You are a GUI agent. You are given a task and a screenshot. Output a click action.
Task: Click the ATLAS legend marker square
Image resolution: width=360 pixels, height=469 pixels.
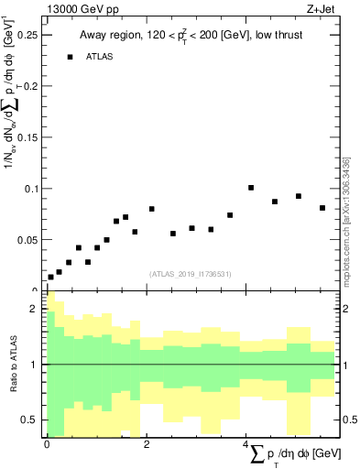pyautogui.click(x=70, y=57)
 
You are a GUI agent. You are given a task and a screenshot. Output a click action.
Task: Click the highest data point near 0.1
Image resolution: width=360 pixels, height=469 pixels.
pyautogui.click(x=251, y=188)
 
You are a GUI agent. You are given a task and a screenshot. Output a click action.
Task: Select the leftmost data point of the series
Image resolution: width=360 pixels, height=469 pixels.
pyautogui.click(x=50, y=277)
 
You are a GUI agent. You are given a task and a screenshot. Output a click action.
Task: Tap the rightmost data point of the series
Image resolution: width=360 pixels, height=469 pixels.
pyautogui.click(x=322, y=208)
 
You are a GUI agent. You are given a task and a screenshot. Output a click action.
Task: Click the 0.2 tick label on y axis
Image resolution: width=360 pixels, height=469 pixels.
pyautogui.click(x=30, y=86)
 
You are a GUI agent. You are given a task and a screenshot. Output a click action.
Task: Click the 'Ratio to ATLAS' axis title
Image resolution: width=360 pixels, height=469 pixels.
pyautogui.click(x=13, y=365)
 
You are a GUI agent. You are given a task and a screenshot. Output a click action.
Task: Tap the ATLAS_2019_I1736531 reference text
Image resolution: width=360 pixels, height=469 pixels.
pyautogui.click(x=191, y=273)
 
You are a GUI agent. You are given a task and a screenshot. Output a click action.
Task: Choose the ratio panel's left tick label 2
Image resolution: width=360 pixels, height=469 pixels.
pyautogui.click(x=34, y=309)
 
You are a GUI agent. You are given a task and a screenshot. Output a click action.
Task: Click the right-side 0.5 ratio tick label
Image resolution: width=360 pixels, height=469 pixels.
pyautogui.click(x=349, y=420)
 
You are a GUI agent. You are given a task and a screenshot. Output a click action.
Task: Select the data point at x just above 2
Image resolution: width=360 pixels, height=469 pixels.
pyautogui.click(x=152, y=209)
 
